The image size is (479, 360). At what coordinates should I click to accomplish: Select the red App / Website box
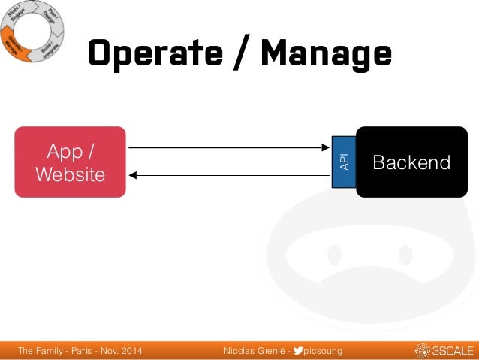[x=71, y=162]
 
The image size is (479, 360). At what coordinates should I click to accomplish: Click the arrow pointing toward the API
[x=225, y=147]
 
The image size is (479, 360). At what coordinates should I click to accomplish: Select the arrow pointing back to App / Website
[x=225, y=176]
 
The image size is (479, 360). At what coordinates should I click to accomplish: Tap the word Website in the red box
[x=71, y=175]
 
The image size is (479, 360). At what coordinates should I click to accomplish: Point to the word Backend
[x=411, y=162]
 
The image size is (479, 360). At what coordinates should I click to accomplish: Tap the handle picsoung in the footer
[x=321, y=351]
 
